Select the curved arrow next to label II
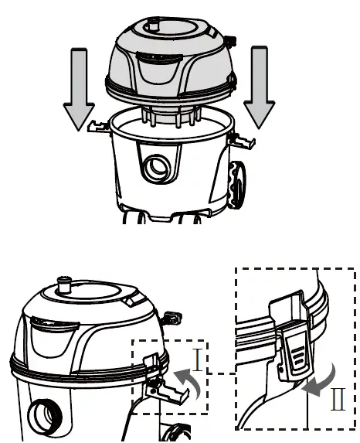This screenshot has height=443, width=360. (x=321, y=380)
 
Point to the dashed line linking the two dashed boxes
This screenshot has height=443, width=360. (x=222, y=373)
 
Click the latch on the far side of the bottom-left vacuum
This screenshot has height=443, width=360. (x=172, y=316)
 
